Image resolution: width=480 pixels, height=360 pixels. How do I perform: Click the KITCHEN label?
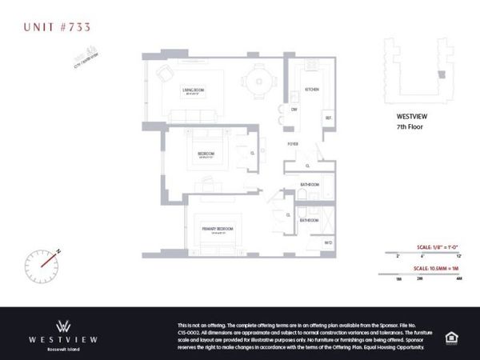click(x=312, y=90)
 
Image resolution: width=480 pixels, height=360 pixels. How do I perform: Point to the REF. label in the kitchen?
click(x=327, y=119)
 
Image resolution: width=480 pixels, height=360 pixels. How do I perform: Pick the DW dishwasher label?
click(x=294, y=108)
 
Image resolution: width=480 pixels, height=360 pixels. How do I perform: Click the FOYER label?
click(x=294, y=144)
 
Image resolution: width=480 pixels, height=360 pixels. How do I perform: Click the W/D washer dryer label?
click(x=328, y=242)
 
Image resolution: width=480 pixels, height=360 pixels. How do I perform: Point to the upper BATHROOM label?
click(x=310, y=186)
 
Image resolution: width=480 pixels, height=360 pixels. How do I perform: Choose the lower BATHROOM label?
click(x=310, y=220)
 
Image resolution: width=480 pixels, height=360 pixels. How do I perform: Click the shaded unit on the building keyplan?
click(x=438, y=74)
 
